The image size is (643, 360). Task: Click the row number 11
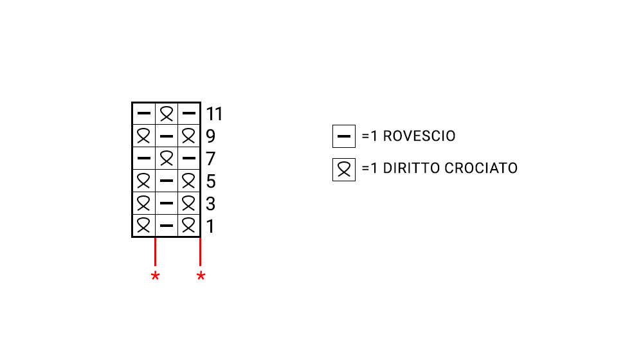click(x=214, y=114)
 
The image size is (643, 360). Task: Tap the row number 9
click(x=210, y=136)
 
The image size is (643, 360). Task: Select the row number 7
click(x=210, y=159)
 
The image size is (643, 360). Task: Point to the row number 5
click(x=211, y=181)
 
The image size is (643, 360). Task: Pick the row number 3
click(x=210, y=204)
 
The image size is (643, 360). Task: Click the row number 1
click(x=210, y=226)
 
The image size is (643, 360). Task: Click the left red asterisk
click(x=155, y=276)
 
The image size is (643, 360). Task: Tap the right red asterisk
click(x=201, y=276)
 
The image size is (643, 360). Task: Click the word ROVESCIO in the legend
click(x=419, y=136)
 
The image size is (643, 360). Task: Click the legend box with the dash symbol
click(x=343, y=136)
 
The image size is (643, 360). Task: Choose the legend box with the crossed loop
click(x=343, y=170)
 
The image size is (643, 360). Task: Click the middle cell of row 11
click(x=167, y=114)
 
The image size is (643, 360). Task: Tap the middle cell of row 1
click(x=167, y=226)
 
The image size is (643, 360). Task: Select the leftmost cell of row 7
click(x=144, y=158)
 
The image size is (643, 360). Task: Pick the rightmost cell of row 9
click(x=188, y=136)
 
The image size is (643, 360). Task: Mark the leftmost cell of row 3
click(x=144, y=203)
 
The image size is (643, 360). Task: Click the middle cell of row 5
click(x=167, y=181)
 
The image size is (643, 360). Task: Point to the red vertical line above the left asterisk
click(x=156, y=252)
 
